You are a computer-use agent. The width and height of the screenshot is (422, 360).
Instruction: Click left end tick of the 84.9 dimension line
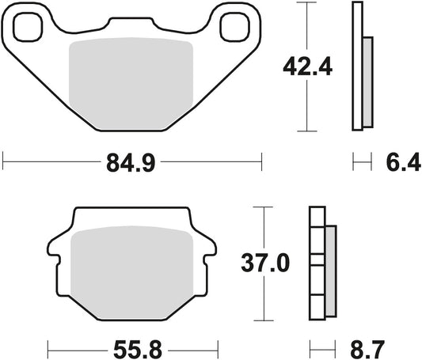(3, 164)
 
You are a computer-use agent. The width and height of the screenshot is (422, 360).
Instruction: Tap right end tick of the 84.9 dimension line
(261, 164)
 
